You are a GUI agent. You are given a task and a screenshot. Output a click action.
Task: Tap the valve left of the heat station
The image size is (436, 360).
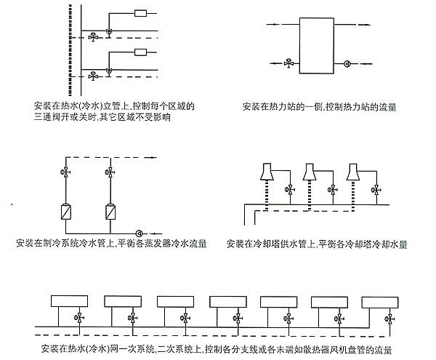(289, 63)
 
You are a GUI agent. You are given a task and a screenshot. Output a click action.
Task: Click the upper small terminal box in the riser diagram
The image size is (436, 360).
(141, 14)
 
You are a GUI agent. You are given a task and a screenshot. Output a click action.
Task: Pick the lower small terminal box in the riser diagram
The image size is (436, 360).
(141, 52)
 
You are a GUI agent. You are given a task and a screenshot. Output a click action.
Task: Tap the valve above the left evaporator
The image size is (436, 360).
(66, 172)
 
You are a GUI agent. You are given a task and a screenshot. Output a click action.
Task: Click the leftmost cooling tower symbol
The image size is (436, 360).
(265, 172)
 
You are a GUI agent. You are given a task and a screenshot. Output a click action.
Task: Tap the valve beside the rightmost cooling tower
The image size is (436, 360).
(374, 191)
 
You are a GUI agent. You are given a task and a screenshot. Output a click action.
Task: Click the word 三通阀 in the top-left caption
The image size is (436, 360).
(45, 117)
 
